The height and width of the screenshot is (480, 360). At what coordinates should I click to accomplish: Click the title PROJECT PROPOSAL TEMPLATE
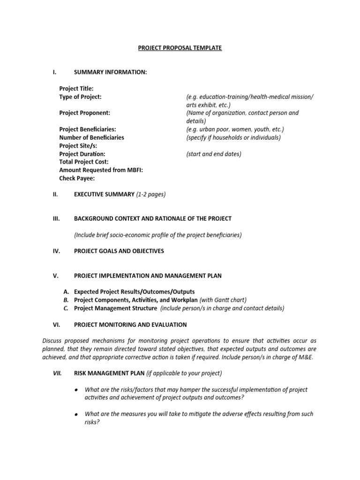click(x=180, y=48)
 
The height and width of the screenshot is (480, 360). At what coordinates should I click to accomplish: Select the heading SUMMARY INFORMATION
click(x=110, y=72)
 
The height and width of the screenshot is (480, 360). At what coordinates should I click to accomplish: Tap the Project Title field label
click(x=76, y=89)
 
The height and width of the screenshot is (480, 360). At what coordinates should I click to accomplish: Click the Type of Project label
click(x=80, y=97)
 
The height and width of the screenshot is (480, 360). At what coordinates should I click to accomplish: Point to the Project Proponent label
click(x=84, y=113)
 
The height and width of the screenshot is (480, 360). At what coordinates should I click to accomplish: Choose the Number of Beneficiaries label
click(x=91, y=137)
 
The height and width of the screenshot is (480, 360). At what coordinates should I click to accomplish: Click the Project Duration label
click(x=82, y=154)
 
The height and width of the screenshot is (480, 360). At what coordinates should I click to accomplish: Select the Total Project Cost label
click(x=83, y=162)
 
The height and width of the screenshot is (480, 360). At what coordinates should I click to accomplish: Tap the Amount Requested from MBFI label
click(x=101, y=170)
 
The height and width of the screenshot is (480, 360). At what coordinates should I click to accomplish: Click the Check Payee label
click(x=77, y=178)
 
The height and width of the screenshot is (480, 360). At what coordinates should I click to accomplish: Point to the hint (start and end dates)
click(x=214, y=154)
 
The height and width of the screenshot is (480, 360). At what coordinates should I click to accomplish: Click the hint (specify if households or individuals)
click(x=233, y=137)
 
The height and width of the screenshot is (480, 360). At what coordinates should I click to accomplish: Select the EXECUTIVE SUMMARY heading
click(x=104, y=194)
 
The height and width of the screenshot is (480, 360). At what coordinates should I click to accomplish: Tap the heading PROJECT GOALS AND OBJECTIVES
click(x=119, y=251)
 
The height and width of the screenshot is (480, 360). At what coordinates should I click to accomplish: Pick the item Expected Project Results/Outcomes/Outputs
click(x=134, y=292)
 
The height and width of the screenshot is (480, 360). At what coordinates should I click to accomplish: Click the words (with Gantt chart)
click(x=223, y=300)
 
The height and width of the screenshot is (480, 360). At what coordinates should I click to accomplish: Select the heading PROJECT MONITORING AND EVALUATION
click(x=130, y=324)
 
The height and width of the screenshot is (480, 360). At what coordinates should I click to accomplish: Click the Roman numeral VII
click(x=57, y=373)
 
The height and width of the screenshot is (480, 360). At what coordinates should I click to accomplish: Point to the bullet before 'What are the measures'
click(x=76, y=414)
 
